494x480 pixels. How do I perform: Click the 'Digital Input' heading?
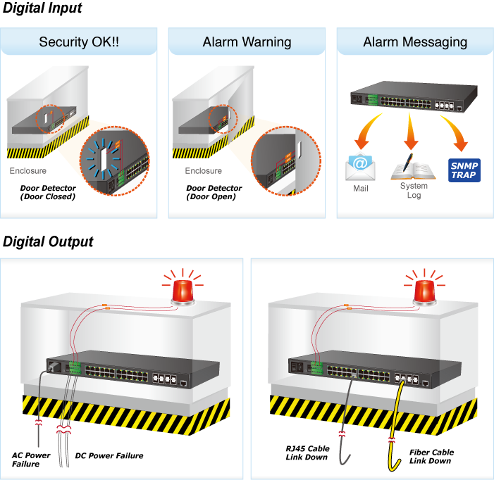42,9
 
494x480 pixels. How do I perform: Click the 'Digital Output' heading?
48,242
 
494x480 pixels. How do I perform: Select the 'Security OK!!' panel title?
79,42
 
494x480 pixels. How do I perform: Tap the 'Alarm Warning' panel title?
247,42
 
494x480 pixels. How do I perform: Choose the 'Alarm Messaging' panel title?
415,42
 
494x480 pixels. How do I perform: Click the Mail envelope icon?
360,168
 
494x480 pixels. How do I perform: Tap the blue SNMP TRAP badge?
464,170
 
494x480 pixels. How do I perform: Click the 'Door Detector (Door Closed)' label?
47,192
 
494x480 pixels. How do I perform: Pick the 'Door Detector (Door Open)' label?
214,192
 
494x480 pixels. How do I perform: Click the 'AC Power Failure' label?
31,459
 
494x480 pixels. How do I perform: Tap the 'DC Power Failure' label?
109,456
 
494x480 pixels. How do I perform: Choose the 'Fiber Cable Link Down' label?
431,456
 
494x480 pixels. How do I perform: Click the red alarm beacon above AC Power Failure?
183,291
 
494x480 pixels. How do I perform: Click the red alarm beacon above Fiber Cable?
424,291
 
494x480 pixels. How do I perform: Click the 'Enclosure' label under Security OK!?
28,171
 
